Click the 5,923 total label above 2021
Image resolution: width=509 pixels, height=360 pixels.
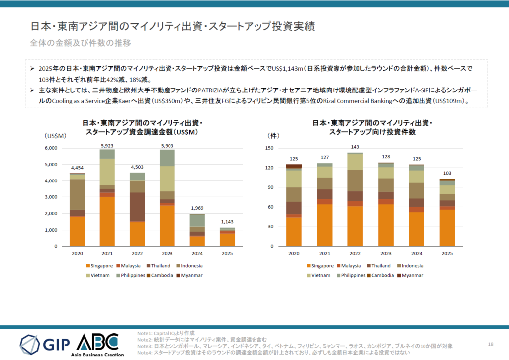tap(107, 146)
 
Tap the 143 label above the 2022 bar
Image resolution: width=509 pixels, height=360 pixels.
tap(355, 147)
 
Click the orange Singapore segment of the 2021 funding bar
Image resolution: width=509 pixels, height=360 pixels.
tap(107, 221)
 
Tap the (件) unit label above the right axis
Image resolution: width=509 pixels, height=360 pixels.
tap(273, 135)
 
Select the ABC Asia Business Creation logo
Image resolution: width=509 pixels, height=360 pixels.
tap(97, 343)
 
